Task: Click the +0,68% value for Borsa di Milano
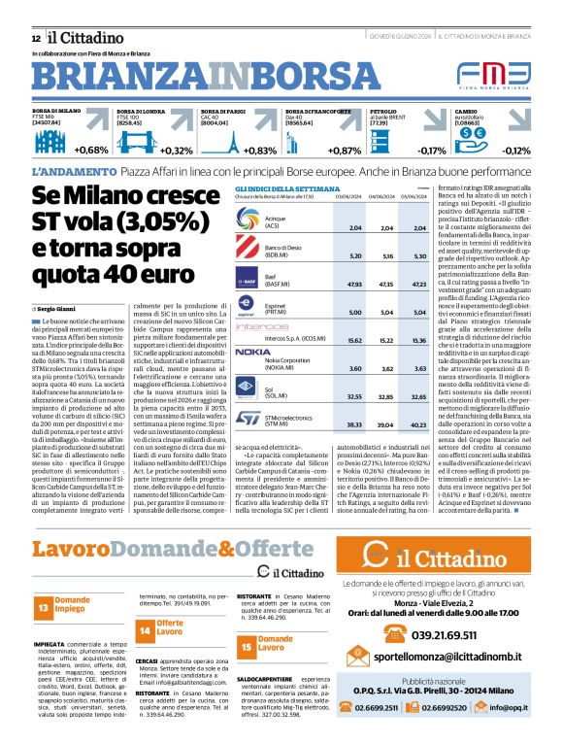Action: point(90,151)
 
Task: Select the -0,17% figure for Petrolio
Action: point(432,151)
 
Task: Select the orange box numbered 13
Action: point(44,608)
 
